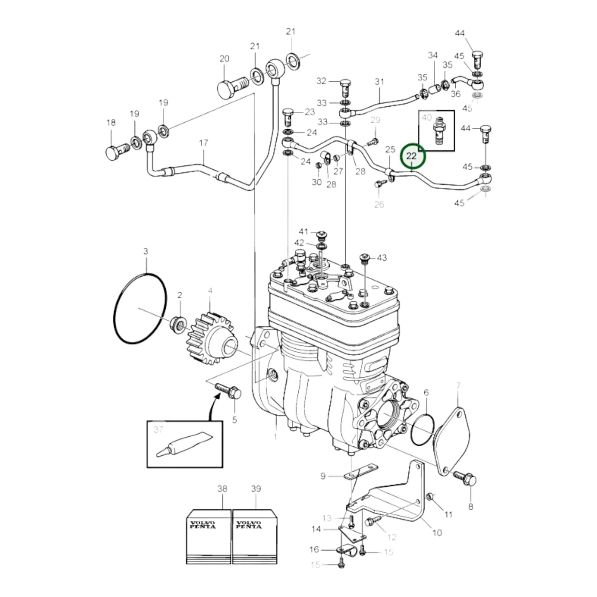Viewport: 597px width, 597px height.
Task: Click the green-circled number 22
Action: coord(411,156)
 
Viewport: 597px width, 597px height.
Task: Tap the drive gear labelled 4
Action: coord(211,339)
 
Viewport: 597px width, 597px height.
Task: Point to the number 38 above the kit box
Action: coord(222,489)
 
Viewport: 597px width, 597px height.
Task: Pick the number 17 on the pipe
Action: coord(203,143)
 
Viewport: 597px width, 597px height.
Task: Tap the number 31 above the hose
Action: coord(379,82)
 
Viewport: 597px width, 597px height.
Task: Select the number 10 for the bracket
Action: coord(437,533)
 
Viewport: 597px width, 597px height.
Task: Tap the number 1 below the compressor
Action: coord(275,436)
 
